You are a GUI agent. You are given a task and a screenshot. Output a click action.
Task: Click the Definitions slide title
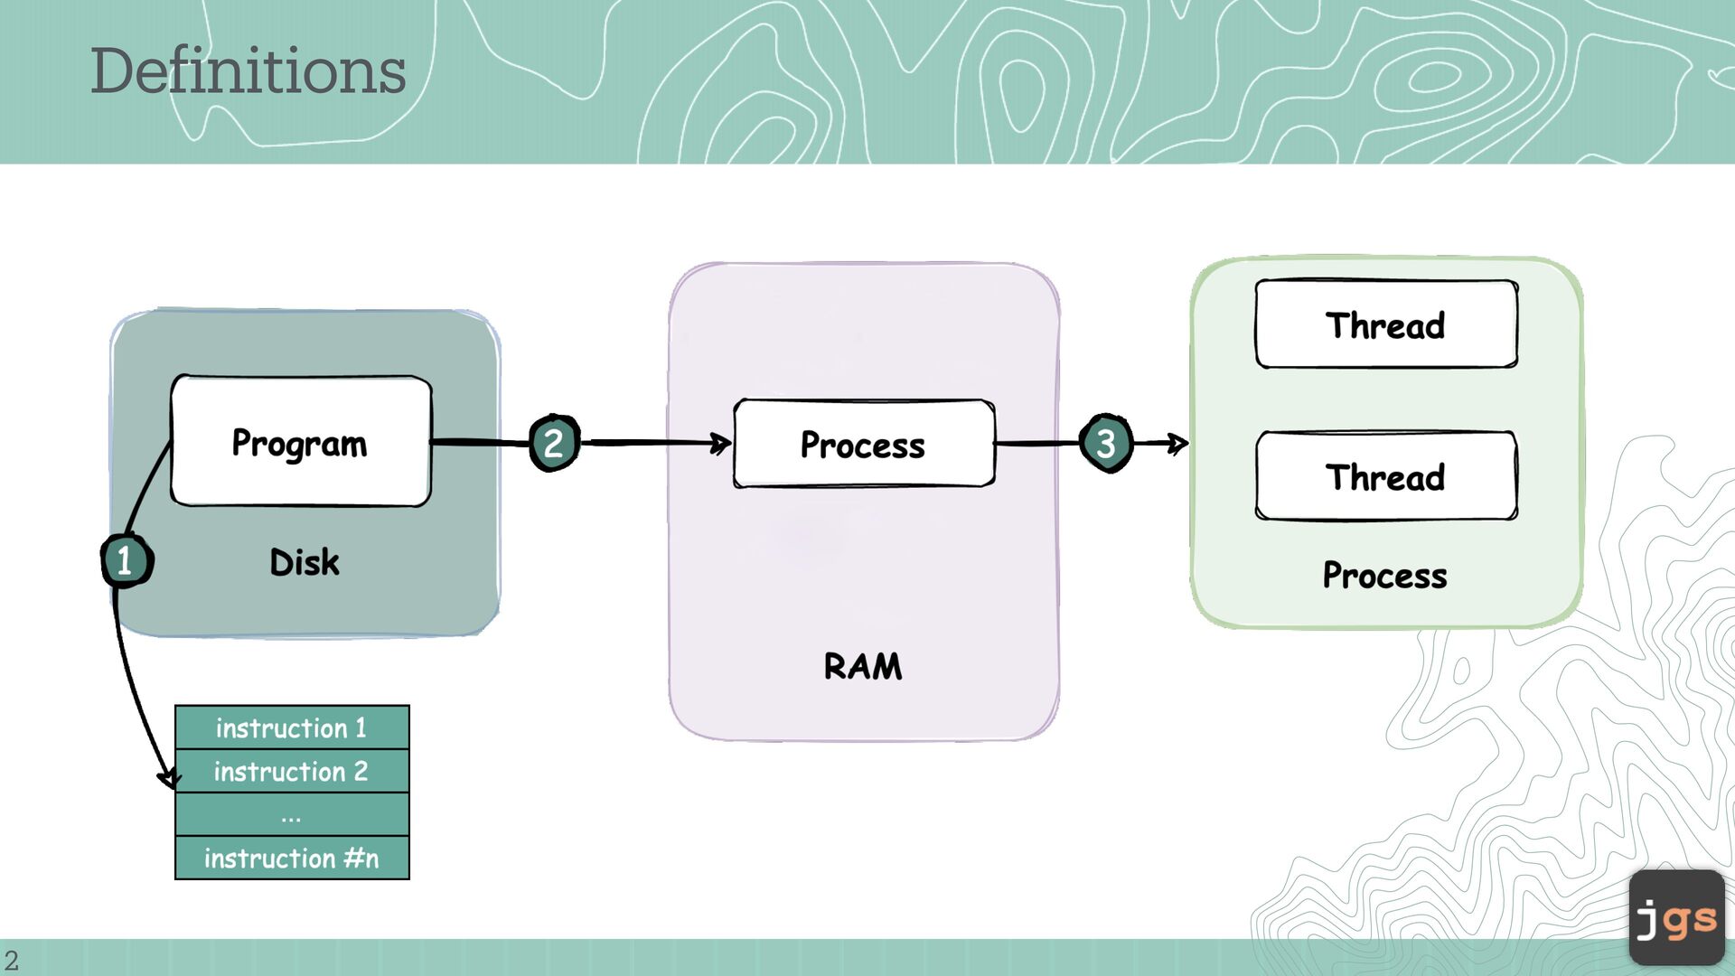pyautogui.click(x=248, y=70)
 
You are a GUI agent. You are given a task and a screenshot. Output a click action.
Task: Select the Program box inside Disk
pyautogui.click(x=301, y=442)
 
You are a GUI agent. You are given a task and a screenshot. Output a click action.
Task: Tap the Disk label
pyautogui.click(x=305, y=562)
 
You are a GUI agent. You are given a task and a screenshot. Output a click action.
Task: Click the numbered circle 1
pyautogui.click(x=126, y=561)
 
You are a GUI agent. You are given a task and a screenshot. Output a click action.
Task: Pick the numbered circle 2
pyautogui.click(x=554, y=443)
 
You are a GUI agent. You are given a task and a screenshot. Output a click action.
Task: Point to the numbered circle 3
pyautogui.click(x=1105, y=443)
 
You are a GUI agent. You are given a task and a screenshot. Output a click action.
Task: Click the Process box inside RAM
pyautogui.click(x=864, y=444)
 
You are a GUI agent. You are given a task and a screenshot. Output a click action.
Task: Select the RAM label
pyautogui.click(x=863, y=667)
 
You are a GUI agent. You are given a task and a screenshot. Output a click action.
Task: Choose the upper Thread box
pyautogui.click(x=1386, y=324)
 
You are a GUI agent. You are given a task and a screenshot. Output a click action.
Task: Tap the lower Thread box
pyautogui.click(x=1386, y=476)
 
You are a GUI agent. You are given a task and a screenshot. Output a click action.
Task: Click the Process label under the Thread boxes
pyautogui.click(x=1384, y=576)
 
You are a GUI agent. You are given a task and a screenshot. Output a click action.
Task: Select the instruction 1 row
pyautogui.click(x=292, y=727)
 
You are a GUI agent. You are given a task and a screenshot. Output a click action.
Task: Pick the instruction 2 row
pyautogui.click(x=292, y=771)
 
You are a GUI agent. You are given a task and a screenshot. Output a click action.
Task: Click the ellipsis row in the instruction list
pyautogui.click(x=292, y=814)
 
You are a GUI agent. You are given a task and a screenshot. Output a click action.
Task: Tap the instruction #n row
pyautogui.click(x=292, y=858)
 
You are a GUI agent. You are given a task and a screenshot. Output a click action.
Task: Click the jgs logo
pyautogui.click(x=1676, y=918)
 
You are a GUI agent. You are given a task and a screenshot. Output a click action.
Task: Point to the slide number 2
pyautogui.click(x=11, y=960)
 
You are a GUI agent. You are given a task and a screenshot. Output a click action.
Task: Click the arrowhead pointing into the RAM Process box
pyautogui.click(x=722, y=443)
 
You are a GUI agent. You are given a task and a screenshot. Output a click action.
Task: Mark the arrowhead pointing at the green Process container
pyautogui.click(x=1178, y=443)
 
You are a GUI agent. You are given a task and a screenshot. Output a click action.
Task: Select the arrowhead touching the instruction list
pyautogui.click(x=169, y=779)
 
